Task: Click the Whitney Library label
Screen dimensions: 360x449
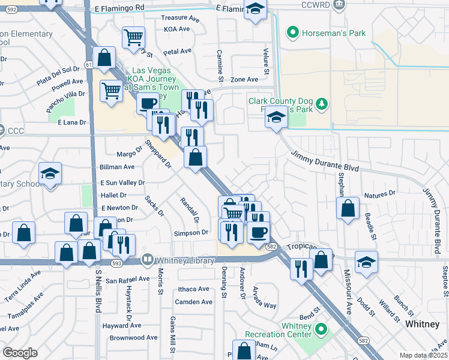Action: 184,260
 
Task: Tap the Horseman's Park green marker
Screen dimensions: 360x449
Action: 293,32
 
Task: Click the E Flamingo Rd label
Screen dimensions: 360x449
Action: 120,7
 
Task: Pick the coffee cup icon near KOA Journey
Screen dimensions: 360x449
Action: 147,103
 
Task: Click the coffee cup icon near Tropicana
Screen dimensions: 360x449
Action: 258,232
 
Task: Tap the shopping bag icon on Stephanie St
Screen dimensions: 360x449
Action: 348,208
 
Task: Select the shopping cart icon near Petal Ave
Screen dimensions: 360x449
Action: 133,37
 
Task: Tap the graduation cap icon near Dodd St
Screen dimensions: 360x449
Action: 366,262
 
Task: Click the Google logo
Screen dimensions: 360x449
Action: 20,353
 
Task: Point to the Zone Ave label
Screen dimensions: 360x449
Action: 244,79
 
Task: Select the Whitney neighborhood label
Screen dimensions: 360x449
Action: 423,323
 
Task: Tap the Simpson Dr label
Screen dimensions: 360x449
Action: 190,232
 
